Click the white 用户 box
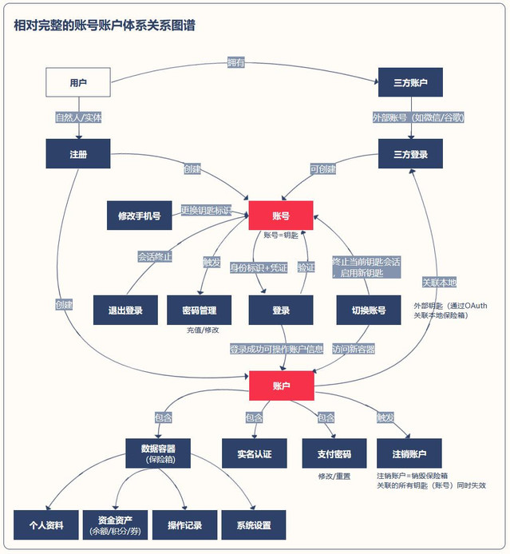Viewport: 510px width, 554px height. pos(77,82)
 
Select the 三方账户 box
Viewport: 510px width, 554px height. pos(409,82)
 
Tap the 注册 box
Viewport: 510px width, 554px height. pos(77,153)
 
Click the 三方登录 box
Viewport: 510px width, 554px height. pos(409,153)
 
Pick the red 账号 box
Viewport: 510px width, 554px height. pos(280,216)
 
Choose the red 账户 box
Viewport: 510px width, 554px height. pos(280,386)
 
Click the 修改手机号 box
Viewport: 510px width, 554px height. pos(139,216)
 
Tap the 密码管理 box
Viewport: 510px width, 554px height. pos(199,310)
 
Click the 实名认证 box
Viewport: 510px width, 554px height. pos(253,453)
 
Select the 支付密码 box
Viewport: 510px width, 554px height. pos(327,453)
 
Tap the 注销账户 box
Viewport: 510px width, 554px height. pos(409,453)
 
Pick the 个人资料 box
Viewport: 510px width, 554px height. pos(45,524)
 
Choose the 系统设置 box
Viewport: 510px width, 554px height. pos(253,524)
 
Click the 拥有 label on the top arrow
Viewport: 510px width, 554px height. pos(236,63)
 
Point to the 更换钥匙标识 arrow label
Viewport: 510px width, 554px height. pos(206,211)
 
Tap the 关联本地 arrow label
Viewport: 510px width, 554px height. pos(439,282)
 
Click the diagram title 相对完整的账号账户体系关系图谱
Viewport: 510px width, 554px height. pos(105,25)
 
